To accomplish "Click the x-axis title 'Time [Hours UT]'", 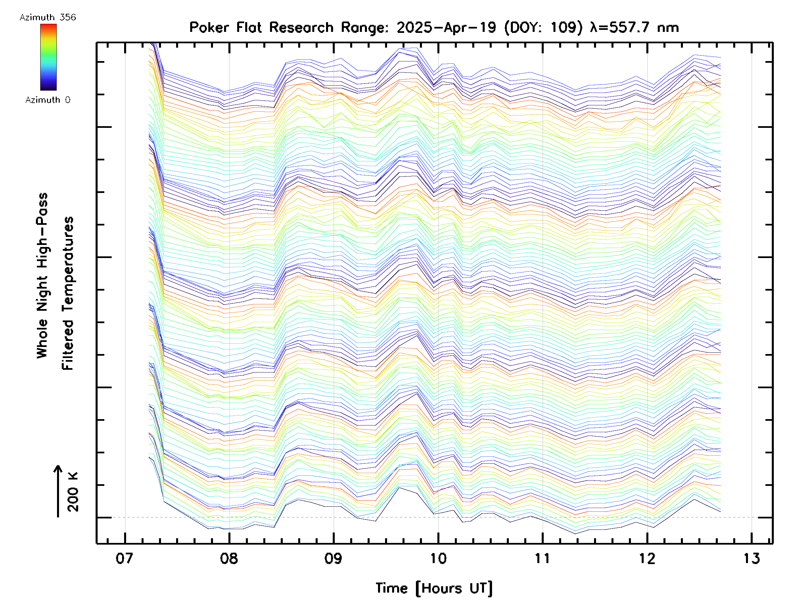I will (x=434, y=588).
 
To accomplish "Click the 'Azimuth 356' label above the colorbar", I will (x=48, y=17).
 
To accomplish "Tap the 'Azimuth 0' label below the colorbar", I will (x=48, y=100).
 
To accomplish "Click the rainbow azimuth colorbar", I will (x=48, y=57).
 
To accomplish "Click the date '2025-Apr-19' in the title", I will (x=446, y=28).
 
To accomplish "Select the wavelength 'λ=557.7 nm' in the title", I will (x=634, y=28).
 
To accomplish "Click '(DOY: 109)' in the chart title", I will (x=544, y=28).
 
